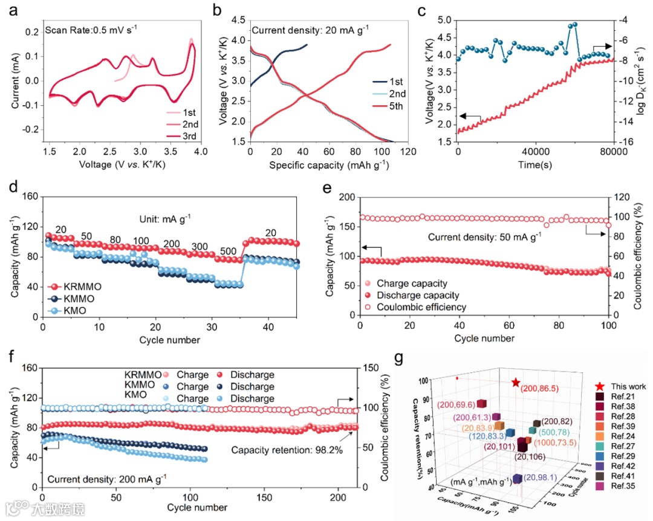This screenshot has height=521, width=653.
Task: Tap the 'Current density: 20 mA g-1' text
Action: [308, 30]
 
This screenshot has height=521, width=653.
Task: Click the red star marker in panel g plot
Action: [515, 383]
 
